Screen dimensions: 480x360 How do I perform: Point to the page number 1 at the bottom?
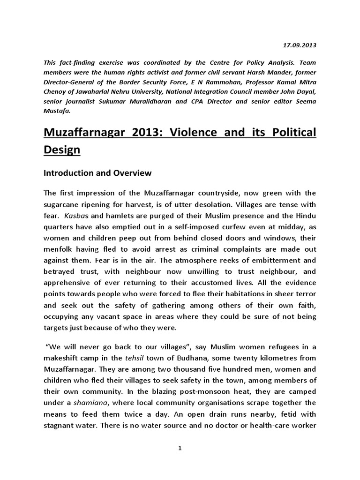(180, 448)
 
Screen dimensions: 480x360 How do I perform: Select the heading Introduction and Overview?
(97, 173)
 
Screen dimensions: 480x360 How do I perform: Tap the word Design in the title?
(62, 150)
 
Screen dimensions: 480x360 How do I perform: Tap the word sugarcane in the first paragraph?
(62, 204)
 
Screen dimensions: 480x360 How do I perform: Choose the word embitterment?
(277, 260)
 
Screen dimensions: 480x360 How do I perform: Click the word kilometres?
(277, 358)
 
